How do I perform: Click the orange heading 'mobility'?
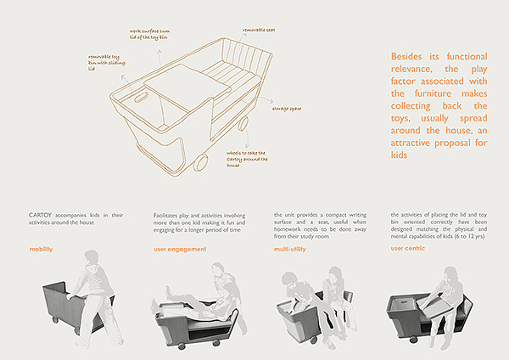42,250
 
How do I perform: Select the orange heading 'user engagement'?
181,250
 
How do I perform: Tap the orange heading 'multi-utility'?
293,250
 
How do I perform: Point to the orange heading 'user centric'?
408,250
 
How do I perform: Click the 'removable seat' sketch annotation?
259,31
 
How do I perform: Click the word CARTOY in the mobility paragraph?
42,216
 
